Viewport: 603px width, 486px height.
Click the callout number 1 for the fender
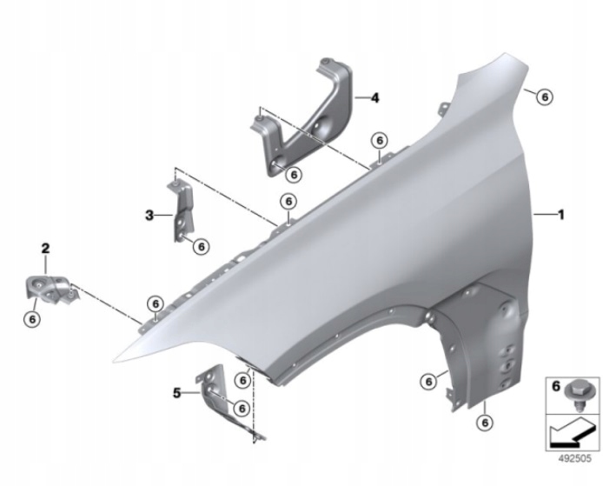[561, 215]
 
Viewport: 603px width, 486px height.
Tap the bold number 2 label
[45, 248]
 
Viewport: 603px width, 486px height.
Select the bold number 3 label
[149, 215]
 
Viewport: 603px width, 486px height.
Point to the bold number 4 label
[374, 97]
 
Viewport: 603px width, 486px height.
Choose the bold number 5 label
[176, 393]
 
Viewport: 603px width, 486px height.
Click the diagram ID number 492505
[575, 459]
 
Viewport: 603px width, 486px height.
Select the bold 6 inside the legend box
[556, 386]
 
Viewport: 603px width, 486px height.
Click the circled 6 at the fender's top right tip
[545, 97]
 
